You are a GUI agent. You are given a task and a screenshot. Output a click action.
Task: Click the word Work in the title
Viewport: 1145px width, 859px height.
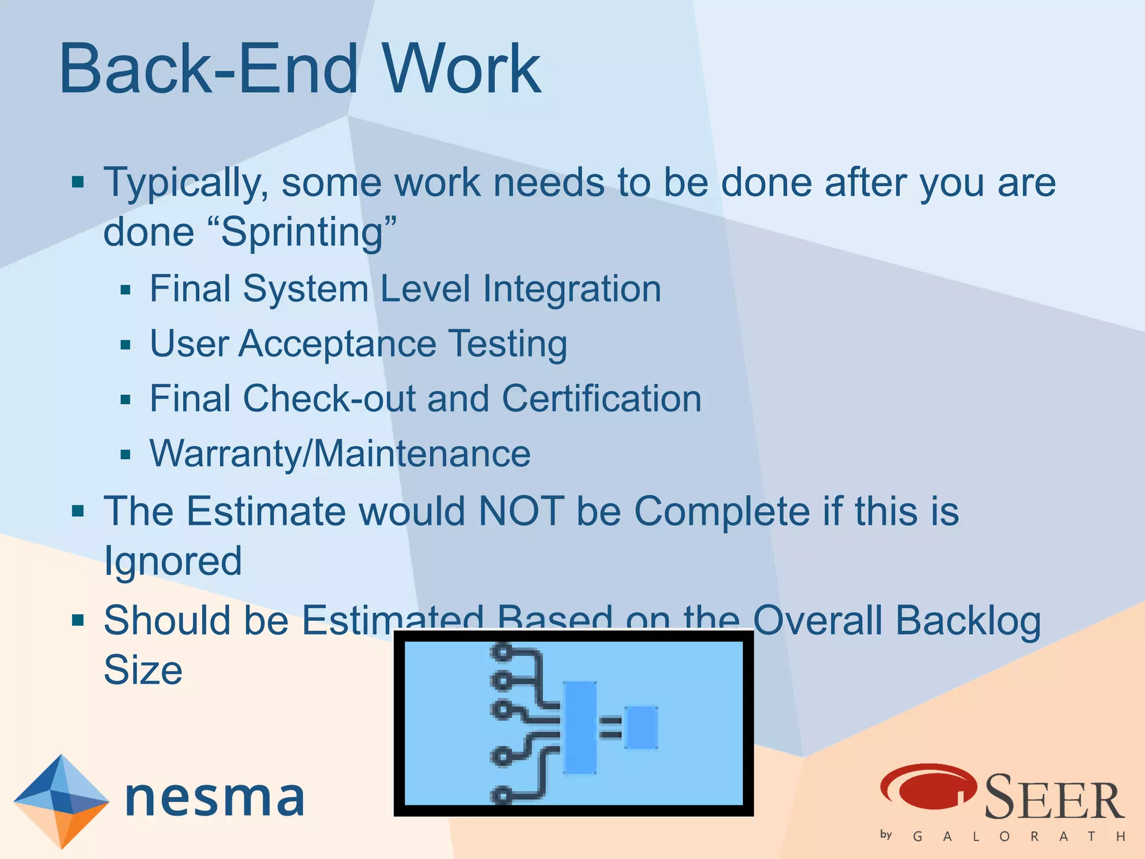(x=461, y=69)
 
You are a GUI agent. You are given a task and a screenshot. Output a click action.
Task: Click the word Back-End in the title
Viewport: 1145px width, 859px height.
(x=208, y=69)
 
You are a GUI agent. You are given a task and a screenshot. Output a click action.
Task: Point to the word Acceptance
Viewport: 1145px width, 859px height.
(x=338, y=343)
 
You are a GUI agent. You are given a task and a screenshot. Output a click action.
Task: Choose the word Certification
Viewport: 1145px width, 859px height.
(x=602, y=399)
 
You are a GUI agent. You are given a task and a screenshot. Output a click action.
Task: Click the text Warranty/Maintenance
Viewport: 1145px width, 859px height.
(x=340, y=454)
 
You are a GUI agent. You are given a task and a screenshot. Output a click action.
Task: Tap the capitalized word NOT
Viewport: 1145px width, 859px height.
(x=521, y=511)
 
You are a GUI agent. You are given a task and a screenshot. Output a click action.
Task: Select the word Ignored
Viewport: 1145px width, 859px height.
(x=173, y=561)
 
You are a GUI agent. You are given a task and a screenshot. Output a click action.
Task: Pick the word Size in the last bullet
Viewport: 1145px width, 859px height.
(x=143, y=670)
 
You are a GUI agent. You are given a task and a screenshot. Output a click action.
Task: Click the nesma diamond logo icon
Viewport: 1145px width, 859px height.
(x=60, y=801)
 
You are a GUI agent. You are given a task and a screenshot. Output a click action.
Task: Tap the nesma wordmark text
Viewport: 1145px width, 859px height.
(x=215, y=798)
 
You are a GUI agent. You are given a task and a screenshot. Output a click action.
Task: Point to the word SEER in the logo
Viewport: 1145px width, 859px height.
(x=1053, y=797)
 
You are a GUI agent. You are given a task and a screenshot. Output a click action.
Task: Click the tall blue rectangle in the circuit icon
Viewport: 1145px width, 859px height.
(x=580, y=727)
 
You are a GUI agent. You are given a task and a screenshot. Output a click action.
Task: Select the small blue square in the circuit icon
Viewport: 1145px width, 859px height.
(x=641, y=727)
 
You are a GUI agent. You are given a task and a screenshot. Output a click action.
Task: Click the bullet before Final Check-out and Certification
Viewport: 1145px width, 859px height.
(x=125, y=400)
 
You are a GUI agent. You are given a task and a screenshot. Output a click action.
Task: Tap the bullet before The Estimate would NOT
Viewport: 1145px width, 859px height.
(x=78, y=511)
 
